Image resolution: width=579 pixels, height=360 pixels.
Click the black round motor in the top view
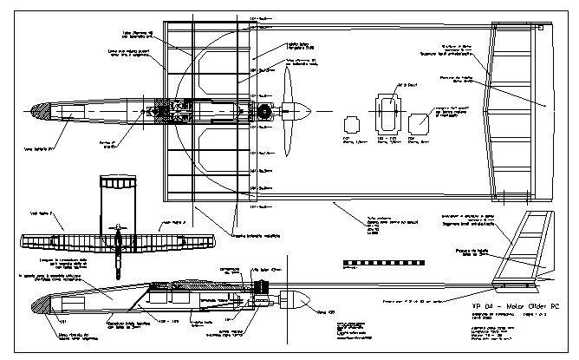(262, 111)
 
